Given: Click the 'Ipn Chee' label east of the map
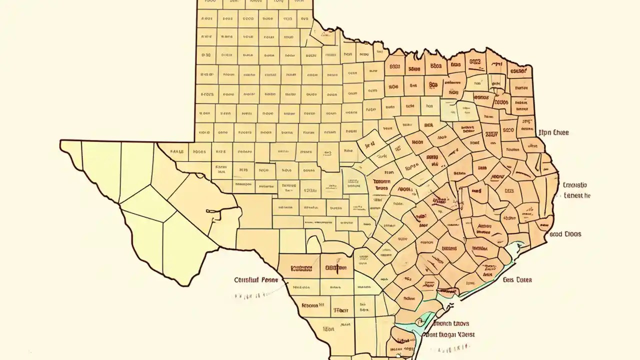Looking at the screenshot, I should (x=553, y=133).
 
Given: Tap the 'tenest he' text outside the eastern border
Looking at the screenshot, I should (x=576, y=195).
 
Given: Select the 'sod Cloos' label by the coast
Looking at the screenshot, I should (x=565, y=233).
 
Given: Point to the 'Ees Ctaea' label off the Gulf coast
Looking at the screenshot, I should (x=517, y=279).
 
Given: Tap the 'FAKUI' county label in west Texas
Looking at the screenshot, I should (x=177, y=151).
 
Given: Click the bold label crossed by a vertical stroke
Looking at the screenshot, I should (x=336, y=268).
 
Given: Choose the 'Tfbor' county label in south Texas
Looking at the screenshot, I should (x=340, y=310).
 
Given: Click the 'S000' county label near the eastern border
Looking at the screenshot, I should (x=507, y=130).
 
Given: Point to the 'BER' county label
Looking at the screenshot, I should (x=428, y=126).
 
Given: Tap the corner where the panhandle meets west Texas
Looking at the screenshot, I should (x=195, y=141).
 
